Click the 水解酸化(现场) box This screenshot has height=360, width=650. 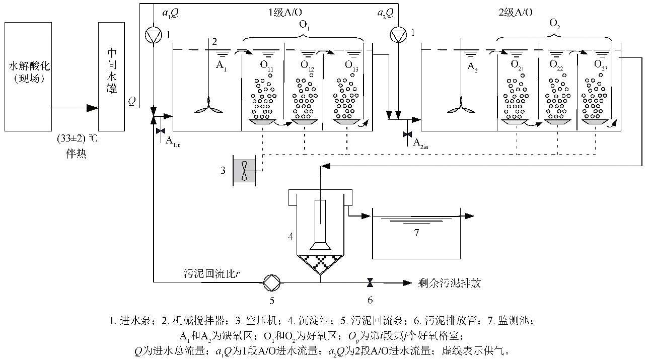click(29, 76)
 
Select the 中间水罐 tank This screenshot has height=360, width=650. click(111, 76)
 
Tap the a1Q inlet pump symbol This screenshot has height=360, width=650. click(152, 34)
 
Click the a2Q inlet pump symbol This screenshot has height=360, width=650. click(397, 34)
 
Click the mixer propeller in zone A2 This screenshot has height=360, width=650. click(460, 109)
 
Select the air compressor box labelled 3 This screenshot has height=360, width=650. click(244, 170)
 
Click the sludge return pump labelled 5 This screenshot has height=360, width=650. click(272, 282)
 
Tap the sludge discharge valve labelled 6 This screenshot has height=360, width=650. click(370, 282)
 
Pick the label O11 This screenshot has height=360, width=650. click(266, 64)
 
